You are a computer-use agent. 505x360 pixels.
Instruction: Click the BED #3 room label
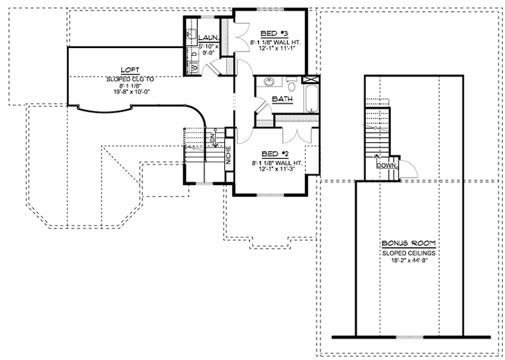(270, 33)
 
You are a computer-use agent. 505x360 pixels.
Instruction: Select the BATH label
(281, 99)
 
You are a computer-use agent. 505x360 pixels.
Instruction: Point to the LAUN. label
(208, 38)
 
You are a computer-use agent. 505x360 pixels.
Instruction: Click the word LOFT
(130, 70)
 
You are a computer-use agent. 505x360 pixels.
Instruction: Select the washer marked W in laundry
(193, 67)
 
